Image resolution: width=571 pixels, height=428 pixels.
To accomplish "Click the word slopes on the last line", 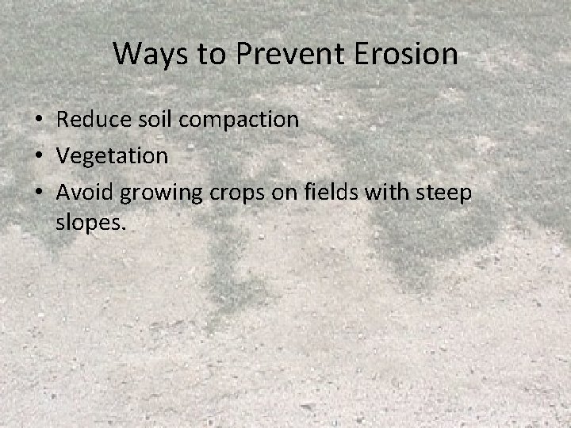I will [88, 223].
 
